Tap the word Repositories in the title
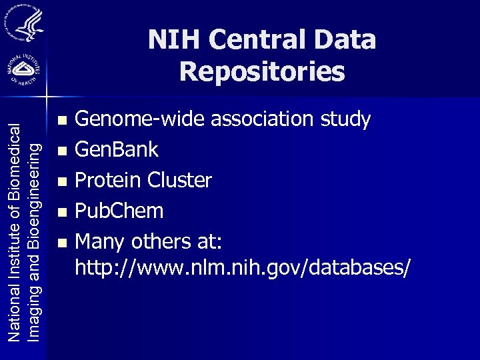pyautogui.click(x=262, y=71)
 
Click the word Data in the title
pyautogui.click(x=346, y=40)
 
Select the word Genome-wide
pyautogui.click(x=141, y=119)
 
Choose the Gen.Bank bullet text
pyautogui.click(x=117, y=150)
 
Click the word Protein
pyautogui.click(x=108, y=181)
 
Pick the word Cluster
pyautogui.click(x=180, y=181)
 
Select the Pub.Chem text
pyautogui.click(x=119, y=211)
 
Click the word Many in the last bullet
pyautogui.click(x=101, y=241)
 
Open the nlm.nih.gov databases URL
pyautogui.click(x=243, y=267)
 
